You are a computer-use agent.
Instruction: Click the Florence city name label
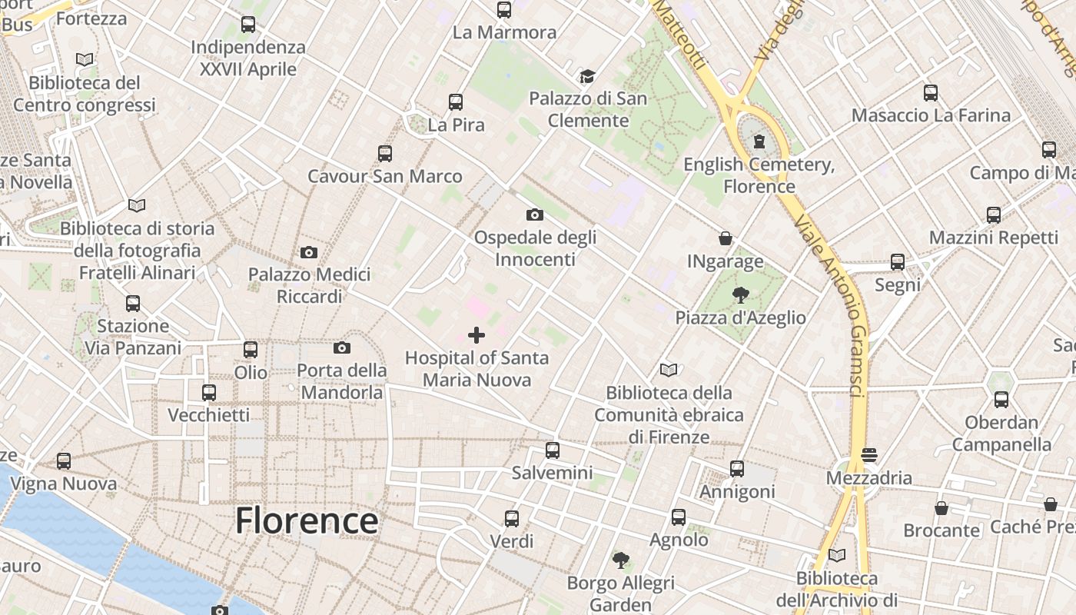[x=306, y=520]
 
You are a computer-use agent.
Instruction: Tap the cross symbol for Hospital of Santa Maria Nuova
[x=477, y=335]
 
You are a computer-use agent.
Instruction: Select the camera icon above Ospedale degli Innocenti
[x=535, y=214]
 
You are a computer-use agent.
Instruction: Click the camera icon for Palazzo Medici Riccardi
[x=309, y=252]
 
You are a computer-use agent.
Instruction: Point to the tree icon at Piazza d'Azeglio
[x=741, y=294]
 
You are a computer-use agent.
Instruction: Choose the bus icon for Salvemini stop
[x=552, y=450]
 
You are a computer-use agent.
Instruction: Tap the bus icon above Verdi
[x=512, y=519]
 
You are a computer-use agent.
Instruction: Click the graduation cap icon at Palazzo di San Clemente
[x=588, y=76]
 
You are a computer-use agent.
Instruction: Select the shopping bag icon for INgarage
[x=725, y=238]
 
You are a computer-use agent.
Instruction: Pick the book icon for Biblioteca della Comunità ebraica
[x=669, y=371]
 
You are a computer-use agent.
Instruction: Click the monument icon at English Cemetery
[x=759, y=141]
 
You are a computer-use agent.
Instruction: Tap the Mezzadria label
[x=868, y=478]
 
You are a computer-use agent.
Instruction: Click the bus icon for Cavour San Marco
[x=385, y=154]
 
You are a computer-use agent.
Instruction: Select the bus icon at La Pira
[x=456, y=102]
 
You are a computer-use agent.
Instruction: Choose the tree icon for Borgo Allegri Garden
[x=620, y=560]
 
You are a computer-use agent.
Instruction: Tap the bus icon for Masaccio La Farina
[x=931, y=93]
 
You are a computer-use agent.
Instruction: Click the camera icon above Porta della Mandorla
[x=342, y=348]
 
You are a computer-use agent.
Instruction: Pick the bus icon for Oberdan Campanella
[x=1001, y=400]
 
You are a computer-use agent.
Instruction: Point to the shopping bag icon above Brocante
[x=941, y=508]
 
